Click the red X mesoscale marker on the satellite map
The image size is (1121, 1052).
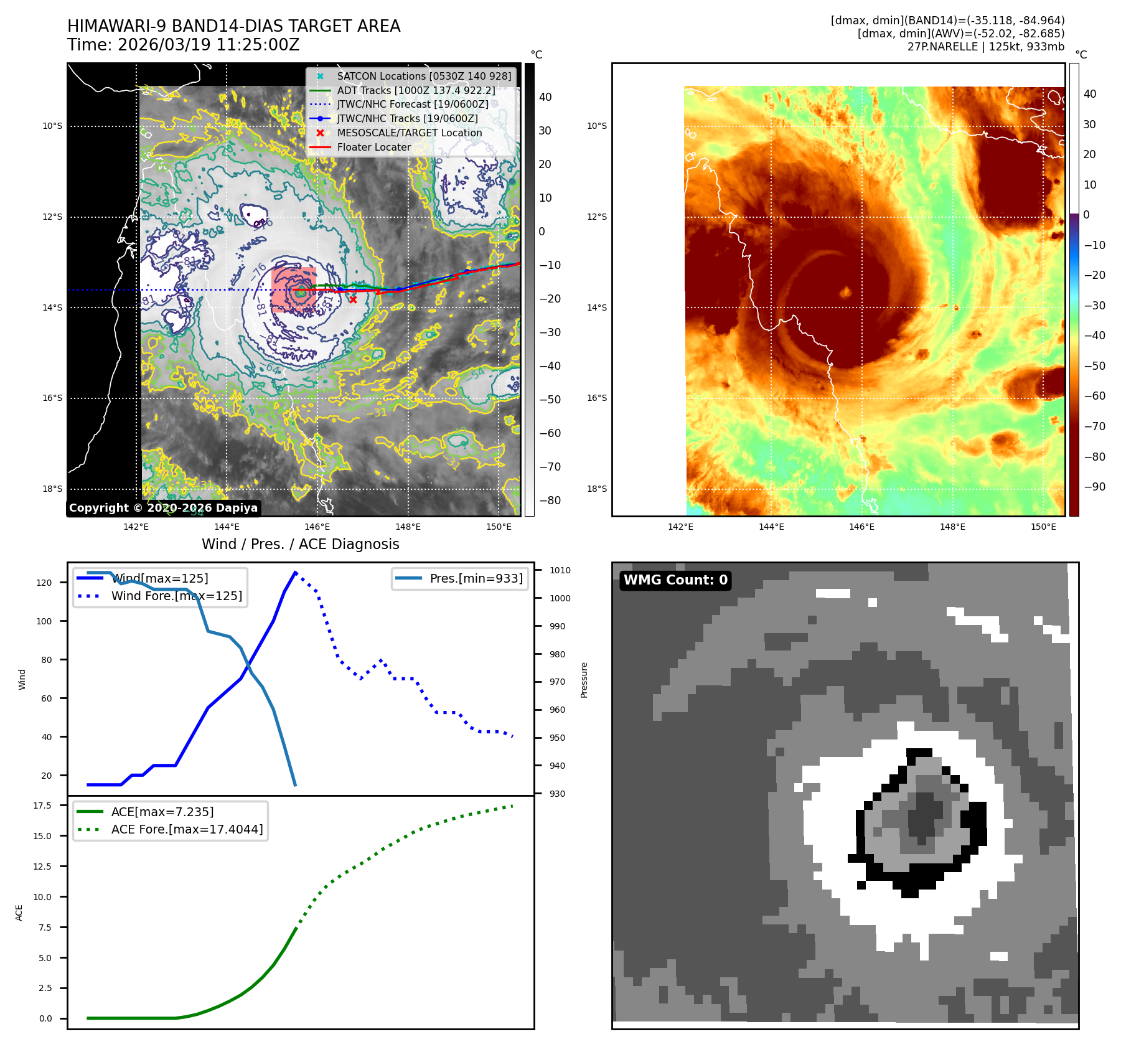(x=353, y=299)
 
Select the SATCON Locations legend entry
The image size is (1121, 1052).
(x=423, y=76)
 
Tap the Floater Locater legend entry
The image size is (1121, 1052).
(x=373, y=147)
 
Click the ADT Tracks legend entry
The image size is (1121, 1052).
(x=416, y=90)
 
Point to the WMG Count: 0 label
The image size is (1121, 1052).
(x=675, y=580)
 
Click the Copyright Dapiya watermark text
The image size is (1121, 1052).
(x=163, y=508)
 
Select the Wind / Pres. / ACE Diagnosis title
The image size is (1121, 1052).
(x=300, y=544)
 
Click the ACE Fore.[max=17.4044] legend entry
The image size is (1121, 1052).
(x=187, y=829)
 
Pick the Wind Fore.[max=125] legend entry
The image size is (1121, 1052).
(x=176, y=596)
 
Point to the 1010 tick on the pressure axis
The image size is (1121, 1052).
(x=560, y=570)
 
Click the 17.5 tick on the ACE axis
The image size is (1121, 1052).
(x=42, y=805)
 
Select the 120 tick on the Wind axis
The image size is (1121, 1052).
(x=44, y=583)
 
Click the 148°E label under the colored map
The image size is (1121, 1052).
(x=952, y=527)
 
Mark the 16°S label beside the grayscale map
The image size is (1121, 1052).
(x=52, y=398)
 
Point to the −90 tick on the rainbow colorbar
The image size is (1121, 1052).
(x=1094, y=487)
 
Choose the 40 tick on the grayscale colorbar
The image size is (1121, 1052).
(x=545, y=97)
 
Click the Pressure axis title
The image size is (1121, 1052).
(x=584, y=680)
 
